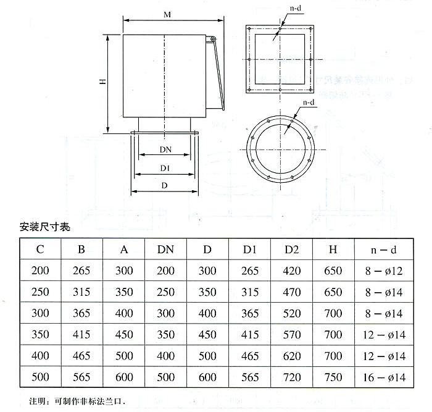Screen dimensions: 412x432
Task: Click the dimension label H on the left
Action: (x=102, y=82)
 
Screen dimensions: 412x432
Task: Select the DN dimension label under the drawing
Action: (x=165, y=150)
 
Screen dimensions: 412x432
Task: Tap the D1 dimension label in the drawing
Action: (x=165, y=168)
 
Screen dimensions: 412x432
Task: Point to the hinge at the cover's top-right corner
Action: (x=214, y=40)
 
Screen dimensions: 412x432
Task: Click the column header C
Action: (x=40, y=250)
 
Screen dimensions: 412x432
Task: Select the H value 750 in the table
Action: (x=333, y=377)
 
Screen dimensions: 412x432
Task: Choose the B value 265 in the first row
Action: (x=81, y=271)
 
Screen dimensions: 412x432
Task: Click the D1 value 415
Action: (x=250, y=335)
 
